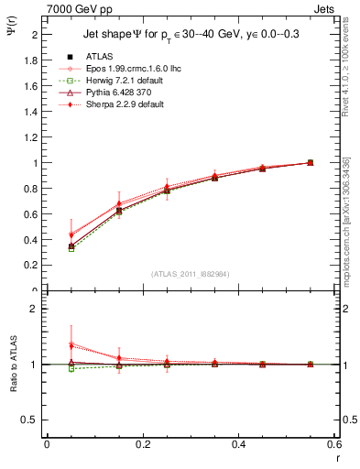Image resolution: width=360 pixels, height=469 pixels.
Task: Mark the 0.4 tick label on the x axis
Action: click(239, 445)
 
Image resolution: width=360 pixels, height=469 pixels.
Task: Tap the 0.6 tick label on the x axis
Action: click(335, 445)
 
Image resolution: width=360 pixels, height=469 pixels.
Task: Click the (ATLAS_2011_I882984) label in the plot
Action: click(191, 274)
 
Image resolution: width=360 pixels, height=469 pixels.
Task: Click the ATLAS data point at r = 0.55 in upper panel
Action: click(311, 162)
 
